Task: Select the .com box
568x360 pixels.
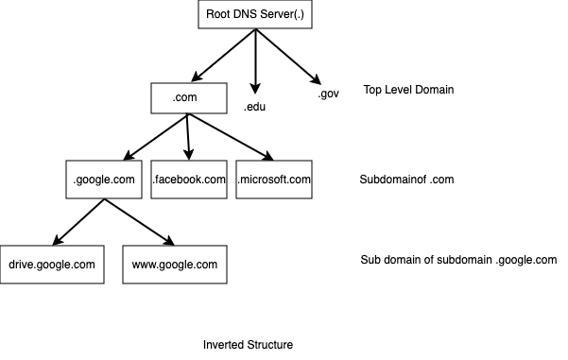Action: [x=189, y=97]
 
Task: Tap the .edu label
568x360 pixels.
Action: [x=254, y=107]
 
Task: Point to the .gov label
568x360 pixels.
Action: [x=327, y=94]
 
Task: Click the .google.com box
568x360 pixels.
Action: [x=104, y=179]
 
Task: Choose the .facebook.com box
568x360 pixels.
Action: [x=189, y=179]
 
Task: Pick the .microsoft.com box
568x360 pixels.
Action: [x=274, y=179]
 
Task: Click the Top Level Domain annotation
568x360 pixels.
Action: [x=409, y=90]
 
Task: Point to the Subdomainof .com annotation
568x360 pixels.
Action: [x=407, y=180]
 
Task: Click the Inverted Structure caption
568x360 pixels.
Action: [x=248, y=345]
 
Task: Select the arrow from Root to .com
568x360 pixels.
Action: [x=223, y=55]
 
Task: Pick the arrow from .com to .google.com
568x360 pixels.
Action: [x=157, y=136]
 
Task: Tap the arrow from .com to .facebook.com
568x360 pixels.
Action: [x=189, y=137]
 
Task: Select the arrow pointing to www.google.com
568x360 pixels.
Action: [x=139, y=220]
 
